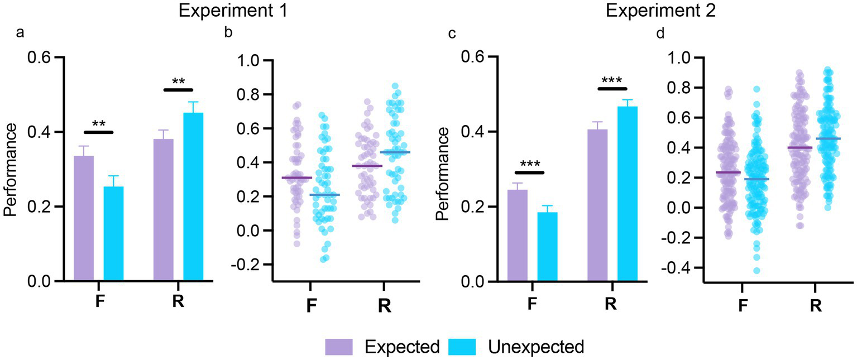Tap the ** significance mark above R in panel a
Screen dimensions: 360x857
tap(179, 82)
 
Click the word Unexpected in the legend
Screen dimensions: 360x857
tap(536, 347)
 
